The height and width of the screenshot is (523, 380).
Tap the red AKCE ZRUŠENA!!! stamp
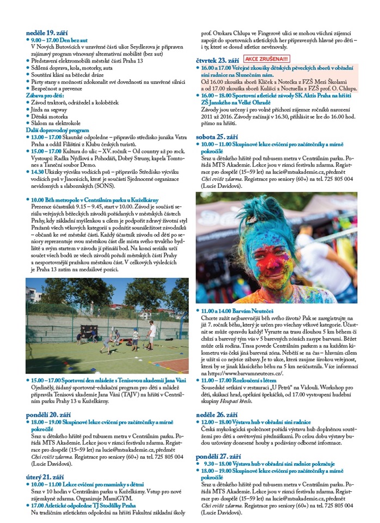[267, 57]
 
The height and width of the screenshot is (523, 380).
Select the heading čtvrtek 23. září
[218, 58]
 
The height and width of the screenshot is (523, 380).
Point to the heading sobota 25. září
[216, 137]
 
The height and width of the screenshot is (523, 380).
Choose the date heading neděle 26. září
[217, 413]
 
